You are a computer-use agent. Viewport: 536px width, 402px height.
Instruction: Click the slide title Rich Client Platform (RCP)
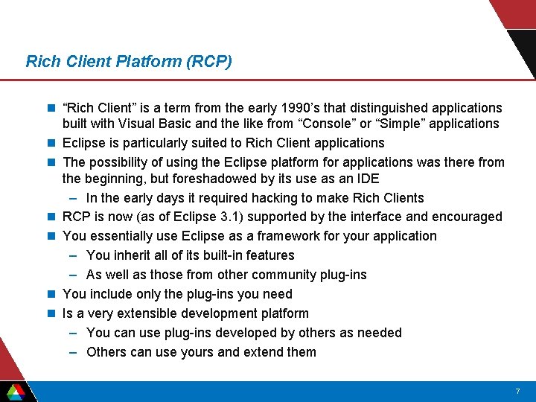(129, 61)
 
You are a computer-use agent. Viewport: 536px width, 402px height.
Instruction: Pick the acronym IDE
(367, 179)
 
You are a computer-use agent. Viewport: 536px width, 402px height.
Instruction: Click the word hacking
(275, 198)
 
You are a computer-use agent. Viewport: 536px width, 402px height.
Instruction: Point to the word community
(277, 275)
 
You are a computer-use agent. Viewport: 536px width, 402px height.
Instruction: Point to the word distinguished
(397, 109)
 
